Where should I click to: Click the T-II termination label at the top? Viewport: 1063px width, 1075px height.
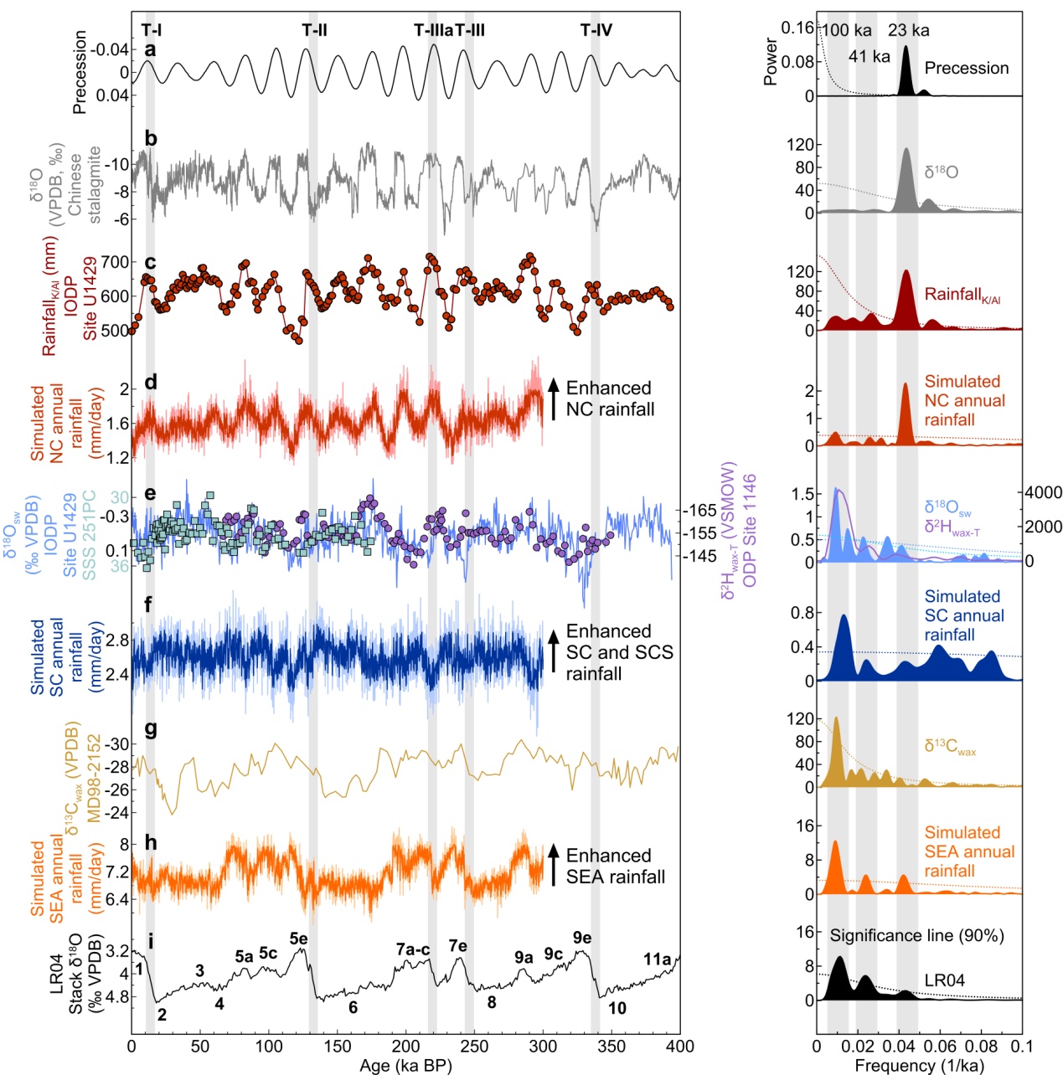314,31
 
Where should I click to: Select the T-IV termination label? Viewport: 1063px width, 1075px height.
596,31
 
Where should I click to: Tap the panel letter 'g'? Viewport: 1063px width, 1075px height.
151,729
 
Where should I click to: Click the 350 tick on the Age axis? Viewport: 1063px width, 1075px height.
611,1046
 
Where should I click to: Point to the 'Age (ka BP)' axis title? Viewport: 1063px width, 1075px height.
405,1065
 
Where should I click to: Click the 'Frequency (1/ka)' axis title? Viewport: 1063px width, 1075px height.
919,1065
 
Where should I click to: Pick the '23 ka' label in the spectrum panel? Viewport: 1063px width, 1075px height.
909,31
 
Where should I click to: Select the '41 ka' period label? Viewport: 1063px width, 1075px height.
869,57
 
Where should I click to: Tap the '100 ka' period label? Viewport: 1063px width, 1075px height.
847,31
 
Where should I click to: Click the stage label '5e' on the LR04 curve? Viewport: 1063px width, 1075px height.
298,939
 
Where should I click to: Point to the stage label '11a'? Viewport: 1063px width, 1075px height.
657,959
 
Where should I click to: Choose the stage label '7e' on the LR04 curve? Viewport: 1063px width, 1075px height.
457,946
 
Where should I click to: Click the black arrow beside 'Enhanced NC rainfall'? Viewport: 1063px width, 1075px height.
553,399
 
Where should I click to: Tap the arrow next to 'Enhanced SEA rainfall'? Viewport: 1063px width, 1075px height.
553,865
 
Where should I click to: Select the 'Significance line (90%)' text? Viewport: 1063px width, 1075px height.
916,936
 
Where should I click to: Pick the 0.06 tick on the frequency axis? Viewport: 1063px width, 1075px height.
940,1046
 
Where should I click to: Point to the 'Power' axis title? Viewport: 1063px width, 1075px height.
771,60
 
